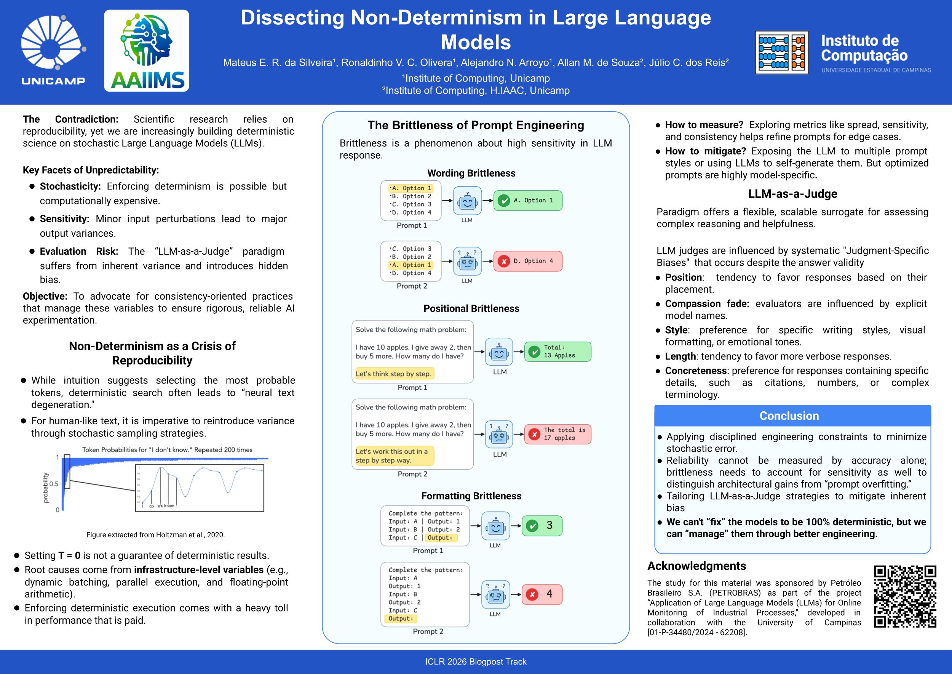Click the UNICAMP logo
click(53, 50)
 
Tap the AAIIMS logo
click(146, 51)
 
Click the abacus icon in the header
click(781, 53)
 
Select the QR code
click(905, 596)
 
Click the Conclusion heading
click(789, 416)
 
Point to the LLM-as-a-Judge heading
click(792, 194)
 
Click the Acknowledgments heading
click(696, 566)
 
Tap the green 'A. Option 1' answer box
click(528, 201)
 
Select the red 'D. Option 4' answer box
click(528, 261)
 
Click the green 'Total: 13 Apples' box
click(558, 351)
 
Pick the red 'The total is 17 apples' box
click(558, 434)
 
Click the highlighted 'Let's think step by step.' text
click(393, 374)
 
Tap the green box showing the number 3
click(542, 525)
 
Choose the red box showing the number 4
click(542, 594)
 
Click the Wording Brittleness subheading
click(471, 173)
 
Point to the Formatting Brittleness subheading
click(471, 496)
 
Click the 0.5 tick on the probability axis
click(54, 484)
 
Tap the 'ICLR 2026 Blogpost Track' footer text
click(476, 661)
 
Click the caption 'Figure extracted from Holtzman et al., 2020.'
click(155, 535)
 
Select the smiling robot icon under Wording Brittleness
click(467, 201)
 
